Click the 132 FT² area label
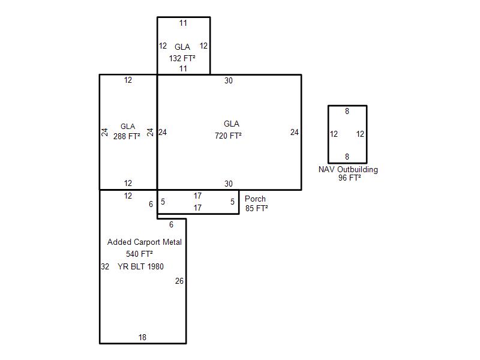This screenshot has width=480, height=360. click(182, 58)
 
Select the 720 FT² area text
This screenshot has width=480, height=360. click(228, 136)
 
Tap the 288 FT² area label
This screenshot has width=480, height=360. click(127, 136)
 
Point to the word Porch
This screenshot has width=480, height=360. click(255, 199)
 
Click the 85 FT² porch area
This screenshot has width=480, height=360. click(257, 208)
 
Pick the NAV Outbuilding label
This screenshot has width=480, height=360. click(348, 170)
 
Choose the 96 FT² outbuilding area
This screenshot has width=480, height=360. click(350, 178)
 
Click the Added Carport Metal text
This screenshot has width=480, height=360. click(145, 242)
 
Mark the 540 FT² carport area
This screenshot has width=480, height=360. click(139, 254)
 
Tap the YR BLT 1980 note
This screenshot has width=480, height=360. click(140, 266)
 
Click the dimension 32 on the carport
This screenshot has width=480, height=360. click(105, 266)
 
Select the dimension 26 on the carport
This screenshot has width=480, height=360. click(179, 281)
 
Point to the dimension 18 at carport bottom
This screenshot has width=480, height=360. click(142, 337)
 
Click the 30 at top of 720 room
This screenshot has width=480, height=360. click(229, 81)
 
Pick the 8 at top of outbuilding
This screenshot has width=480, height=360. click(347, 111)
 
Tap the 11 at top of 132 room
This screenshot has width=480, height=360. click(183, 23)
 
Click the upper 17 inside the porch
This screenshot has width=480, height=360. click(197, 196)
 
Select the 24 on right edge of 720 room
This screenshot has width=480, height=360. click(295, 132)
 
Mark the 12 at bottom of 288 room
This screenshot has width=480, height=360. click(128, 183)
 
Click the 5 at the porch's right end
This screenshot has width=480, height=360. click(232, 202)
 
